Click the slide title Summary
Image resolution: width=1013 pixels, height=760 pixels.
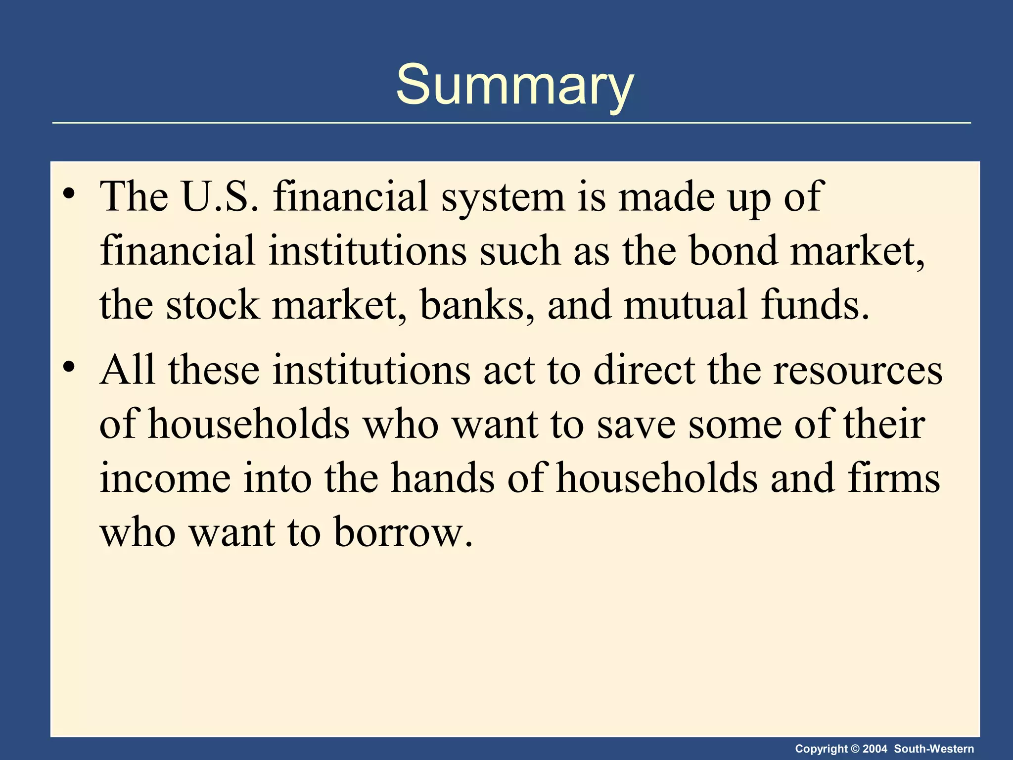tap(514, 85)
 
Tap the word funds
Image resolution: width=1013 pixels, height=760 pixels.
tap(815, 305)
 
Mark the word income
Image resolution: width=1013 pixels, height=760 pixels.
tap(165, 479)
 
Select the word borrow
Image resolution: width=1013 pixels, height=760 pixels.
tap(403, 532)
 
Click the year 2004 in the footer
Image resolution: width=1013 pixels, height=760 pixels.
tap(875, 749)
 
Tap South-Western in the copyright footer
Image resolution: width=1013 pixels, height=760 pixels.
tap(934, 749)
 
